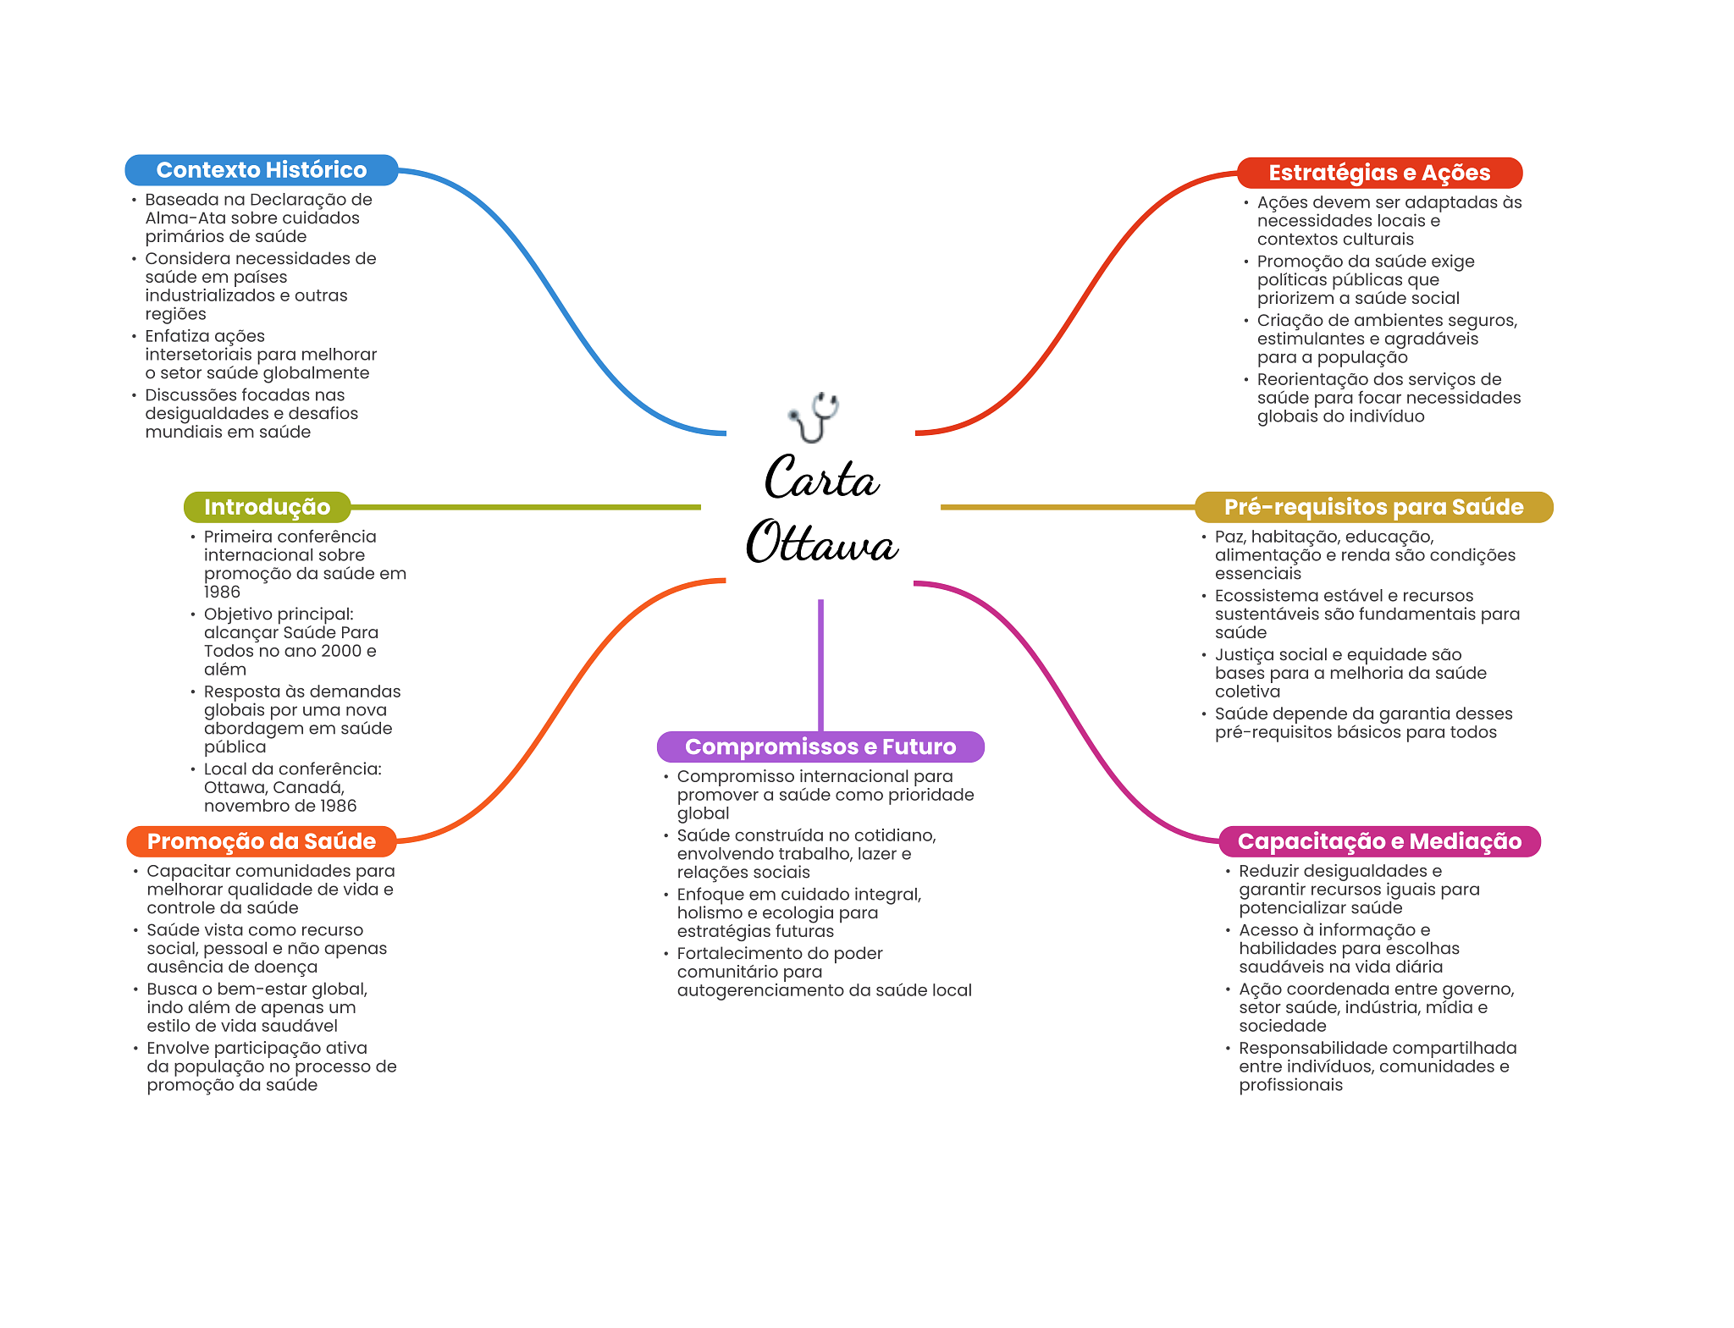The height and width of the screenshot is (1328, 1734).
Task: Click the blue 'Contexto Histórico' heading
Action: click(x=261, y=170)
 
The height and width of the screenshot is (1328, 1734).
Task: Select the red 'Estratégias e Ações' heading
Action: click(x=1379, y=173)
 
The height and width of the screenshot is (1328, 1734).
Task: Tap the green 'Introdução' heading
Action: click(x=267, y=507)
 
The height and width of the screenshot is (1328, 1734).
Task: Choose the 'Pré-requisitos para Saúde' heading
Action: click(x=1373, y=507)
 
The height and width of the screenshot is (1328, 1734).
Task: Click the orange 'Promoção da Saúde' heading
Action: click(x=261, y=841)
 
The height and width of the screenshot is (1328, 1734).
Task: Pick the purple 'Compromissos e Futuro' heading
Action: click(x=820, y=747)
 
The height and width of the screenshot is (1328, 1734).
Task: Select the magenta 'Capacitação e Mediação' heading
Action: click(x=1379, y=841)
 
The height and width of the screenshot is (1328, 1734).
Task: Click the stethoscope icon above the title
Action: click(x=815, y=416)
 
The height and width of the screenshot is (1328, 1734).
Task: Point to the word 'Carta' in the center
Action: click(x=821, y=478)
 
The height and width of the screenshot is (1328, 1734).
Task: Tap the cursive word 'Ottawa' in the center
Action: click(x=821, y=543)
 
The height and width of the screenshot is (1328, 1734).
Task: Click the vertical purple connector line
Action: click(x=820, y=664)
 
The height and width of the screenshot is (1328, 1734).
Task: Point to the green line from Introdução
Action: click(x=525, y=507)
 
